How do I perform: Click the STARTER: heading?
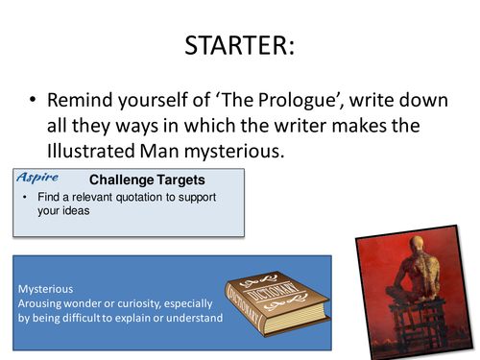[x=239, y=45]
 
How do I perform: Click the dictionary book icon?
[x=272, y=297]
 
